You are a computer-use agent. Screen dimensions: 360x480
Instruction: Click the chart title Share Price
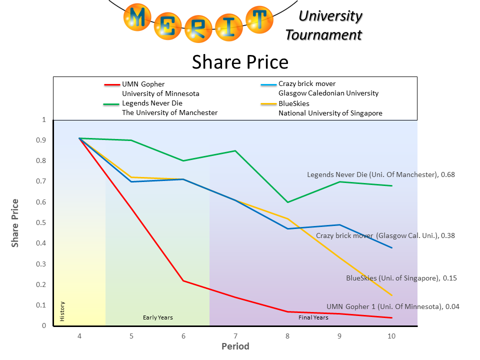coord(240,62)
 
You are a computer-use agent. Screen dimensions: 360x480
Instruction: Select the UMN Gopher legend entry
coord(143,84)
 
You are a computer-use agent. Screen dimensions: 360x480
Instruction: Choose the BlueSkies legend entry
coord(294,103)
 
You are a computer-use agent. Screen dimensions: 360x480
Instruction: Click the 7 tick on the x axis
coord(235,336)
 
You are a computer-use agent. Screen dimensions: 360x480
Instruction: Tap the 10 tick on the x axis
coord(391,336)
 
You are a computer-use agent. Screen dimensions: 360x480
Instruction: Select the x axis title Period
coord(235,346)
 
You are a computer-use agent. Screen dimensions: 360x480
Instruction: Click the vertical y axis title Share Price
coord(15,222)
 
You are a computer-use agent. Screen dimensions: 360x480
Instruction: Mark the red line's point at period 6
coord(183,280)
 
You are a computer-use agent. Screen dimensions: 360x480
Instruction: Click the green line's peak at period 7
coord(235,150)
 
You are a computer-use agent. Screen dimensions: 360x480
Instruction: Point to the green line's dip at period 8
coord(287,202)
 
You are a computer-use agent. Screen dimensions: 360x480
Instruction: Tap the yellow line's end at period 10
coord(391,295)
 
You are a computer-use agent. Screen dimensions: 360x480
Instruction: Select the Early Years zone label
coord(157,317)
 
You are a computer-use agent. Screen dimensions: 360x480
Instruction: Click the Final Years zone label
coord(313,317)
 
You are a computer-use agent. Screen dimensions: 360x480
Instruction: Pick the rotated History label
coord(62,311)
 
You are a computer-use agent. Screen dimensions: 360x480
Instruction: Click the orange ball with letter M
coord(139,17)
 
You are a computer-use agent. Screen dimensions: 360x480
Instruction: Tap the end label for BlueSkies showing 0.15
coord(401,278)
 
